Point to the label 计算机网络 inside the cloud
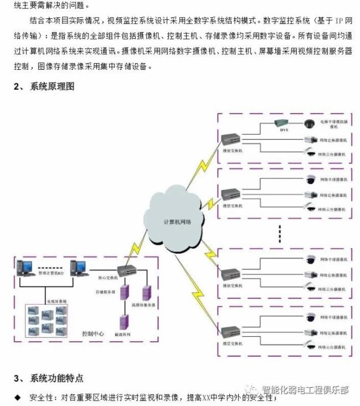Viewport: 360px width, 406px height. (x=177, y=222)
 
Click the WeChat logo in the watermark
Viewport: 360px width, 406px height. (x=251, y=390)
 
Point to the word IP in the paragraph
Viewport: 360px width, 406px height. (x=340, y=20)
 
